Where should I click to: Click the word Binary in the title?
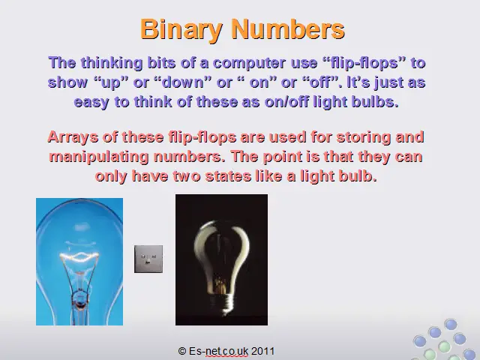[x=181, y=30]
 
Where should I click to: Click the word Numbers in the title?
[x=288, y=28]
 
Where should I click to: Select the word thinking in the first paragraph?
[x=112, y=63]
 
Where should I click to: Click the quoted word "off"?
[x=320, y=82]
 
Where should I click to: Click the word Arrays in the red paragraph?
[x=73, y=137]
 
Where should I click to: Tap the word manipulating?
[x=99, y=157]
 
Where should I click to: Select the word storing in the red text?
[x=363, y=137]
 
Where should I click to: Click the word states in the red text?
[x=228, y=176]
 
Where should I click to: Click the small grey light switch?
[x=148, y=259]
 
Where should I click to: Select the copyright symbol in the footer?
[x=181, y=351]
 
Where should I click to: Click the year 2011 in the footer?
[x=262, y=351]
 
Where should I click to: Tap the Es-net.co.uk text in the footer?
[x=218, y=351]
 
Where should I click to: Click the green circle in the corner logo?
[x=445, y=347]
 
